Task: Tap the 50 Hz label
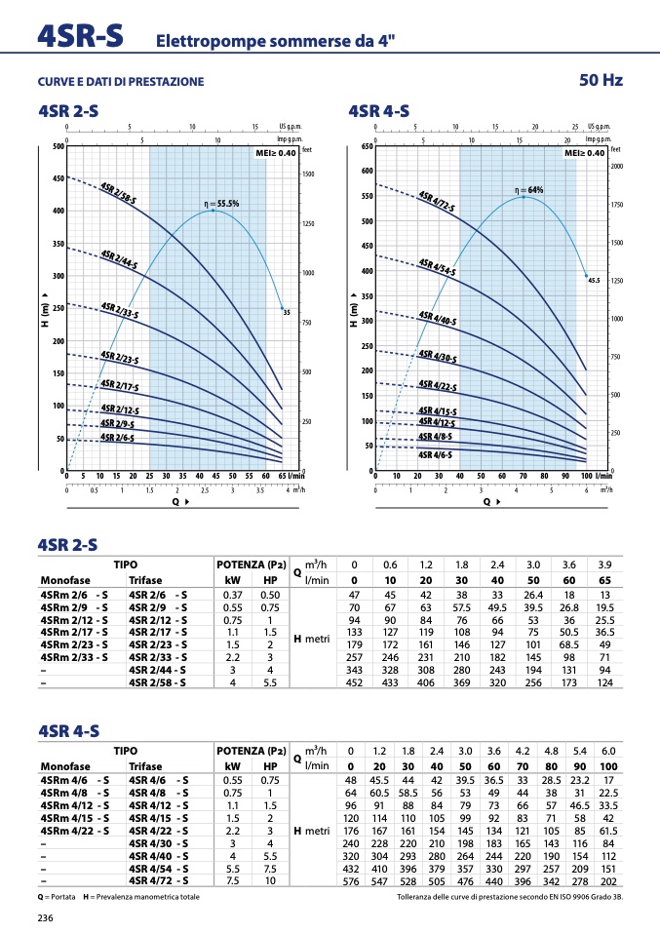tap(601, 79)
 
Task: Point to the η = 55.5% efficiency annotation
tap(220, 204)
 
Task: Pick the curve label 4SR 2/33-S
tap(120, 312)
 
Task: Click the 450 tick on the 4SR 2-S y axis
tap(58, 178)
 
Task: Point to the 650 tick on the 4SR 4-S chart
tap(367, 146)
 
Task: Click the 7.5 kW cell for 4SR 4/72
tap(232, 881)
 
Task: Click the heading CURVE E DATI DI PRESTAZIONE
tap(121, 81)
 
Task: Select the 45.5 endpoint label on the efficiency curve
tap(593, 280)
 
